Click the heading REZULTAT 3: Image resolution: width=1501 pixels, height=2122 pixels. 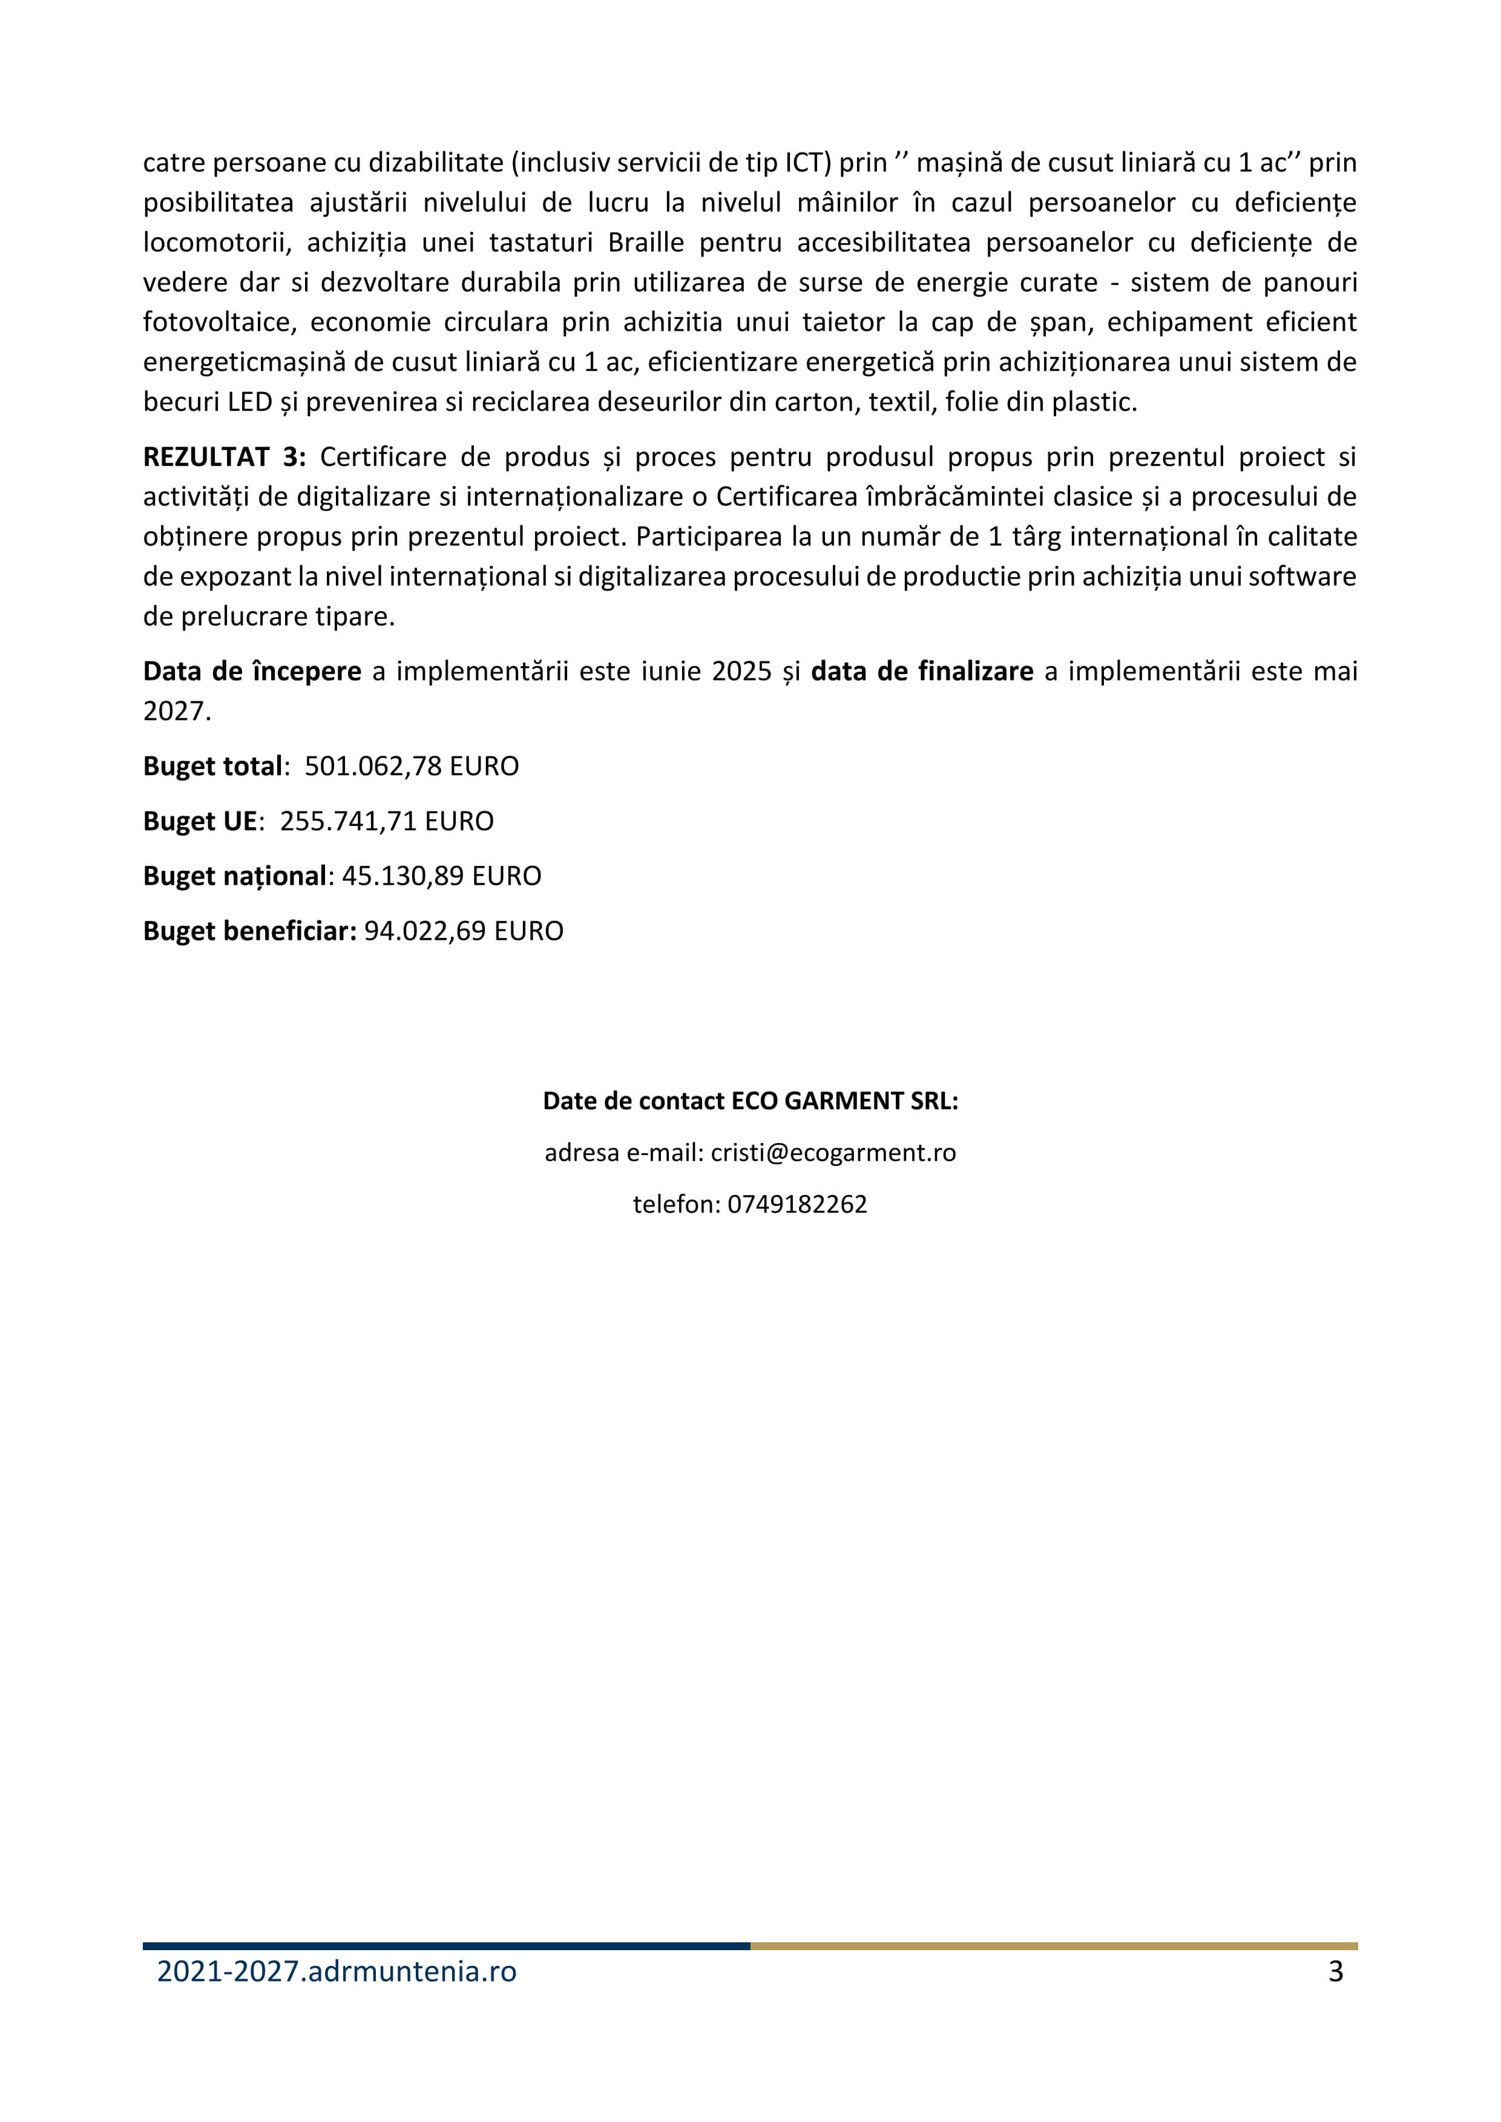pyautogui.click(x=224, y=457)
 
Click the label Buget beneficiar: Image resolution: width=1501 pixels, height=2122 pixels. pyautogui.click(x=249, y=931)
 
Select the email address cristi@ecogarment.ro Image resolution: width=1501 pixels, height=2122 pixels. pyautogui.click(x=833, y=1153)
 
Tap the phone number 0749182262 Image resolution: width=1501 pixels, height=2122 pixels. pyautogui.click(x=796, y=1204)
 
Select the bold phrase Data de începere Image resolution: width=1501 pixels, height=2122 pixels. pyautogui.click(x=251, y=671)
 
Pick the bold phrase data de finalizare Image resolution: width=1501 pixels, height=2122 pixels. pyautogui.click(x=922, y=671)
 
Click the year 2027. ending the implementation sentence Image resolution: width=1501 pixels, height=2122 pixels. pyautogui.click(x=177, y=711)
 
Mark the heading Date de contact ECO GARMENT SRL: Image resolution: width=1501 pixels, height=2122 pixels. pyautogui.click(x=750, y=1101)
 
